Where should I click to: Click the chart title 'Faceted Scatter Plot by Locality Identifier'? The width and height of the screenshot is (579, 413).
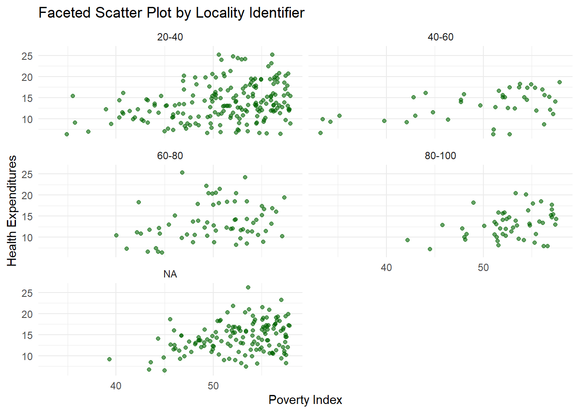click(x=171, y=13)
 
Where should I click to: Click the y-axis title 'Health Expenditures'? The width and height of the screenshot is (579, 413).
click(x=12, y=211)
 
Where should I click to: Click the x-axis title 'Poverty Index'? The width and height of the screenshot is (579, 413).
click(x=305, y=400)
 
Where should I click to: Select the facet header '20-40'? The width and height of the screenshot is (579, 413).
click(x=170, y=37)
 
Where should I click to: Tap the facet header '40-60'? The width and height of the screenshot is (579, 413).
click(x=440, y=37)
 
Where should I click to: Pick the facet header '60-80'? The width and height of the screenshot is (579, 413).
click(x=170, y=156)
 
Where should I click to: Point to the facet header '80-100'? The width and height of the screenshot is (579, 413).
click(x=440, y=156)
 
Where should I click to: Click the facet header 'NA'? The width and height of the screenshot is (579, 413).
click(x=170, y=274)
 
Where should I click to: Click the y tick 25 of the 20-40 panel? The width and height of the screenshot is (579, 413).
click(x=27, y=56)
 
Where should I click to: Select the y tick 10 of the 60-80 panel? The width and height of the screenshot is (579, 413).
click(x=27, y=237)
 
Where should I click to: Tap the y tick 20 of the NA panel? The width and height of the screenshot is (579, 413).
click(x=27, y=314)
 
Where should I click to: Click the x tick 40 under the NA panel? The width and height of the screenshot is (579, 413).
click(x=116, y=386)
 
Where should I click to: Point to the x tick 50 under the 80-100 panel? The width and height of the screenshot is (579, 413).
click(x=483, y=268)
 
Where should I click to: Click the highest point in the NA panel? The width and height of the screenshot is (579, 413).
click(x=248, y=287)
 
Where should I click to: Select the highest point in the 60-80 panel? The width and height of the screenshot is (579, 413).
click(x=182, y=173)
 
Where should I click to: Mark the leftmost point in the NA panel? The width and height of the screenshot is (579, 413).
click(x=109, y=359)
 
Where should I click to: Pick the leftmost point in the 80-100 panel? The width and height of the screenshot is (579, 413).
click(x=408, y=240)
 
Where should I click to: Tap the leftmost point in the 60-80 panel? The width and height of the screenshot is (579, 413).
click(x=116, y=235)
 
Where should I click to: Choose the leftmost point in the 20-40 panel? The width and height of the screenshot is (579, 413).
click(x=67, y=134)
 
